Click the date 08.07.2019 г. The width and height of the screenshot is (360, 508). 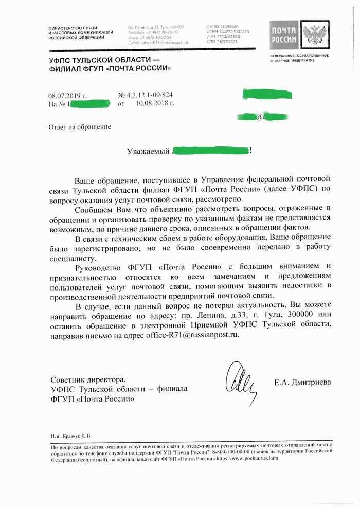pyautogui.click(x=68, y=95)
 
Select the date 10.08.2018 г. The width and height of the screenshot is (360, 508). pyautogui.click(x=155, y=104)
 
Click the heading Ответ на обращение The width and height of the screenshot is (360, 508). pyautogui.click(x=79, y=126)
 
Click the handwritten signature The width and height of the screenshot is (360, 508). pyautogui.click(x=242, y=379)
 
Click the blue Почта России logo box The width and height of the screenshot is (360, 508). pyautogui.click(x=284, y=36)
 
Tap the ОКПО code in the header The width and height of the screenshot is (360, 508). pyautogui.click(x=222, y=26)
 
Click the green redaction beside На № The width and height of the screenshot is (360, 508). pyautogui.click(x=89, y=104)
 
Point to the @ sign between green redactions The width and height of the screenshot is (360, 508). pyautogui.click(x=259, y=117)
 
